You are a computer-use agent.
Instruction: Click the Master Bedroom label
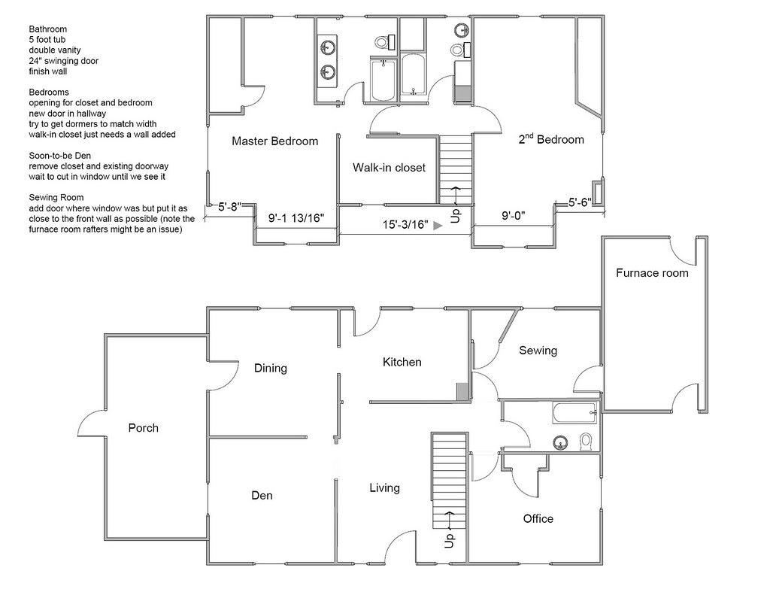pyautogui.click(x=274, y=141)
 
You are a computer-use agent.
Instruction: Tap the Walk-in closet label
pyautogui.click(x=389, y=168)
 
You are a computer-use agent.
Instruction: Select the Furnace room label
pyautogui.click(x=652, y=273)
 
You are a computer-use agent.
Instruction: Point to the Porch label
pyautogui.click(x=143, y=428)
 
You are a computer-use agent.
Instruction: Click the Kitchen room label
pyautogui.click(x=402, y=362)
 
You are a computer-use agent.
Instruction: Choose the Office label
pyautogui.click(x=538, y=518)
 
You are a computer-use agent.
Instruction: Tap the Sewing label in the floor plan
pyautogui.click(x=538, y=351)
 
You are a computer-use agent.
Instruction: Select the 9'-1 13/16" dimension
pyautogui.click(x=296, y=218)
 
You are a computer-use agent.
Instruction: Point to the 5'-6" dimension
pyautogui.click(x=580, y=202)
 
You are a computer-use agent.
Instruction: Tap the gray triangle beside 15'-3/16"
pyautogui.click(x=438, y=224)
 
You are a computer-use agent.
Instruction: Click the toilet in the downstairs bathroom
pyautogui.click(x=586, y=441)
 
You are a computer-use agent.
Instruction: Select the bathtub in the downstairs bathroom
pyautogui.click(x=574, y=411)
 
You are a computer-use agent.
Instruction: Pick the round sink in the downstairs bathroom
pyautogui.click(x=560, y=442)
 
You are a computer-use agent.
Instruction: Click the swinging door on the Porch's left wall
pyautogui.click(x=89, y=425)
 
